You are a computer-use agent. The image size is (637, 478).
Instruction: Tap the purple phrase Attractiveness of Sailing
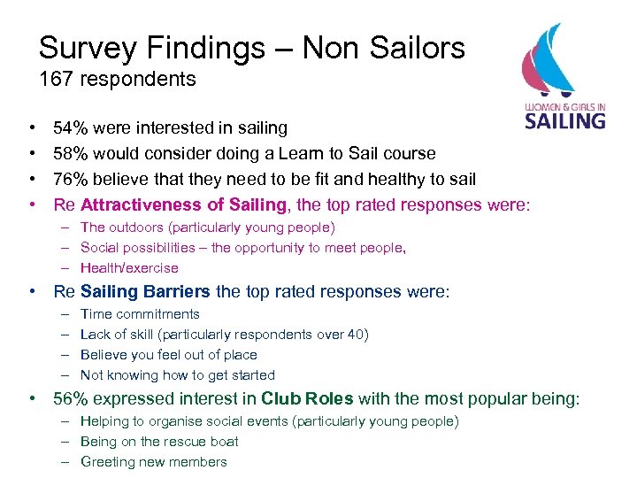click(184, 205)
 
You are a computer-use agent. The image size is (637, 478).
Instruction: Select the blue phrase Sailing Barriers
click(145, 291)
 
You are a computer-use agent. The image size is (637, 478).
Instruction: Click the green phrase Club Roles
click(307, 399)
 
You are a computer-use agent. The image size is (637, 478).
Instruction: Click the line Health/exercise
click(129, 268)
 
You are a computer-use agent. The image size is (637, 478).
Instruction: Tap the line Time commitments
click(140, 314)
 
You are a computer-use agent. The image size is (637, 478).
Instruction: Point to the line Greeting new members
click(153, 462)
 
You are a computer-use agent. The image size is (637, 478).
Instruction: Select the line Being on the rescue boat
click(159, 442)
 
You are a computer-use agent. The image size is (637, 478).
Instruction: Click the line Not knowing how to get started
click(177, 375)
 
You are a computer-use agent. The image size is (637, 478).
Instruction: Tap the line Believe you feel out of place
click(168, 355)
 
